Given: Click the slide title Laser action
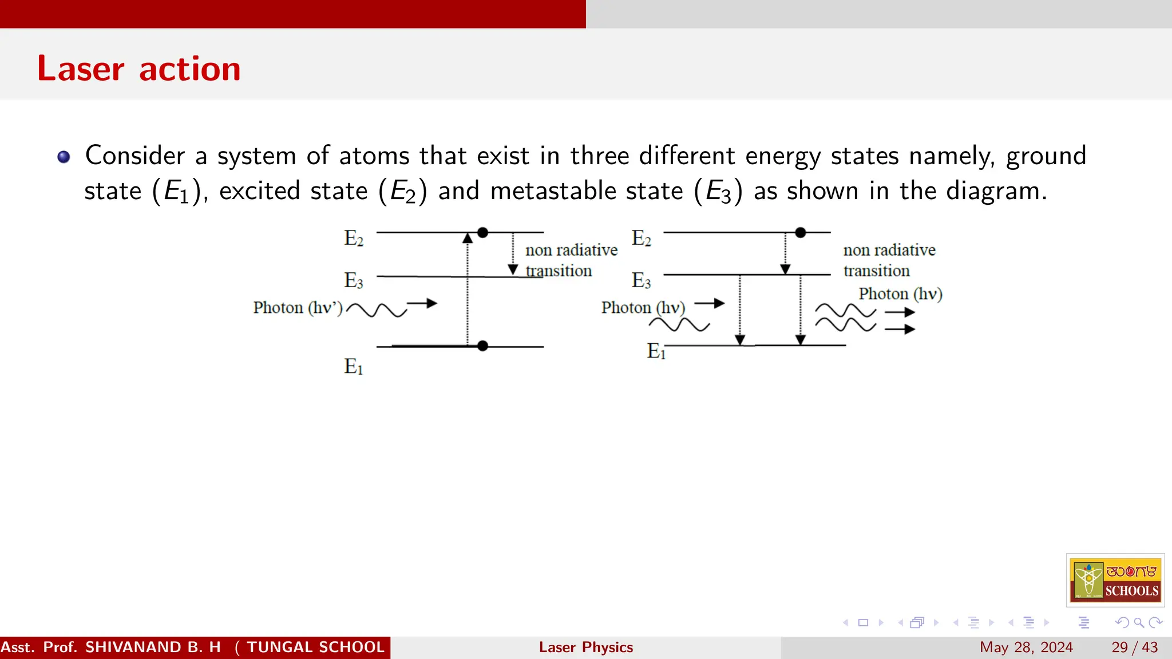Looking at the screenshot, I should (138, 69).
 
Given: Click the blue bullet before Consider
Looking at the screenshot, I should (64, 157).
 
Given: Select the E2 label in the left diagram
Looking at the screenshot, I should (354, 238).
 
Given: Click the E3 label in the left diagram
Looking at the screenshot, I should (354, 280).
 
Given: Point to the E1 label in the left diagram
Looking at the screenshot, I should (354, 366).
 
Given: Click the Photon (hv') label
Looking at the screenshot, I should (298, 308).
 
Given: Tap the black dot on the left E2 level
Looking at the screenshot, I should (482, 232).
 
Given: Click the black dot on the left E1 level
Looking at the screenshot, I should (482, 346).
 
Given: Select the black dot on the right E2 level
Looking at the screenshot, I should (801, 232).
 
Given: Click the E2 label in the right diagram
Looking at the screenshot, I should (641, 238).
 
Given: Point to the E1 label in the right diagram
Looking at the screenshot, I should (656, 351).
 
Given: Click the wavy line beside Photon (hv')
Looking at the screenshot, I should (376, 310).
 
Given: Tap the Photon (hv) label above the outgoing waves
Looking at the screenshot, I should (900, 294).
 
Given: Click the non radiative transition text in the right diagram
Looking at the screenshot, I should (889, 260).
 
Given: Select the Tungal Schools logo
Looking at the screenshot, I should (1115, 580).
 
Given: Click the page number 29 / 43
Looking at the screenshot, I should (1134, 647).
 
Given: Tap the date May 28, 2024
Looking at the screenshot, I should (1026, 647).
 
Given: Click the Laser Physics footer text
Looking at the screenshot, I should (585, 647).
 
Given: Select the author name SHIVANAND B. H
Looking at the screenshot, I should (153, 647).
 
